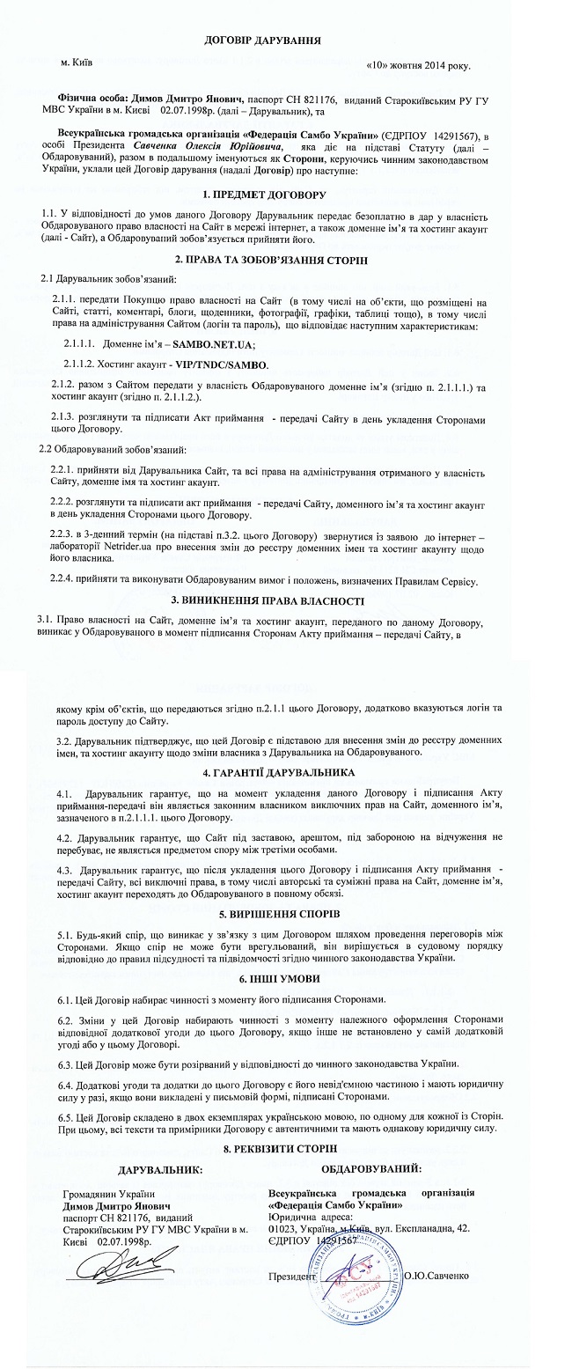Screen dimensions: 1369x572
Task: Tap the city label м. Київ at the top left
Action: pos(77,63)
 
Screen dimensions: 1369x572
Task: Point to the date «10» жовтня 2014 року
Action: pos(417,66)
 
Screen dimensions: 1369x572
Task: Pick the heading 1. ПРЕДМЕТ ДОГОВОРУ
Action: pos(264,193)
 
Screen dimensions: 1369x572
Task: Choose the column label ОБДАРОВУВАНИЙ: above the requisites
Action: pos(370,1169)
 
